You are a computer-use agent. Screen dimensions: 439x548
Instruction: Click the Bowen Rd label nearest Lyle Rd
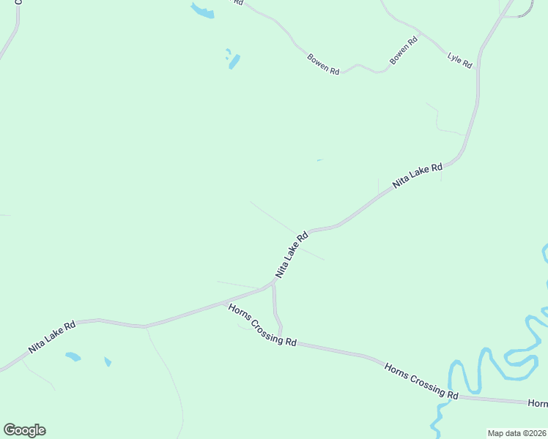click(404, 50)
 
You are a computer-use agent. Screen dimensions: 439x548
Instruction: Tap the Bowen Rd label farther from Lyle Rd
click(323, 64)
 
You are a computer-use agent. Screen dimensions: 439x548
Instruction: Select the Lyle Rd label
click(459, 60)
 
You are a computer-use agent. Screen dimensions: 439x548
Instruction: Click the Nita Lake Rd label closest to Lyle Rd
click(418, 176)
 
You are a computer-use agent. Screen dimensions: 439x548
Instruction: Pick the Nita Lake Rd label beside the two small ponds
click(52, 337)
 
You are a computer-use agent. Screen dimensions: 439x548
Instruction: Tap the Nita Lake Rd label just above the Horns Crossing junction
click(292, 255)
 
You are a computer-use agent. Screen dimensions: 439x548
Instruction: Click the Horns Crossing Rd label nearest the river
click(421, 380)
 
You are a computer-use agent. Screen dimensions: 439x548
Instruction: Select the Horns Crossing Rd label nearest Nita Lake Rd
click(262, 326)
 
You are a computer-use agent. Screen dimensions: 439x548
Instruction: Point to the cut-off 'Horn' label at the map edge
click(537, 403)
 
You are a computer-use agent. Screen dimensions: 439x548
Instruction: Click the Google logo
click(24, 430)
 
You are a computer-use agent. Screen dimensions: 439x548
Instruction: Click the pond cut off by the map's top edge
click(202, 10)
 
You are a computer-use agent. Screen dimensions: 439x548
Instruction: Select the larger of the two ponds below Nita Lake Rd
click(73, 357)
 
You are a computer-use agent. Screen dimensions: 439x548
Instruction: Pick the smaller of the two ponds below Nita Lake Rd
click(108, 361)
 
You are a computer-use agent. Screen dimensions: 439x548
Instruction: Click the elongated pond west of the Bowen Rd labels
click(234, 61)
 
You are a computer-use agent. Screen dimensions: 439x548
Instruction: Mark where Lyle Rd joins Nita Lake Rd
click(482, 50)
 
